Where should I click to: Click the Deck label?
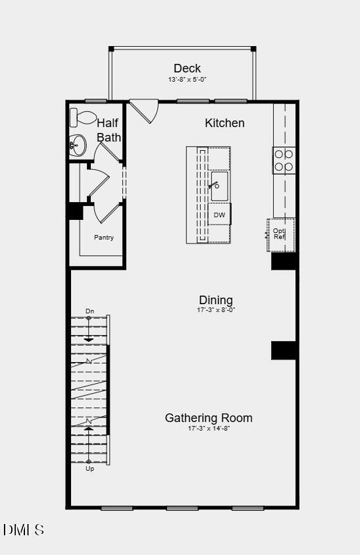pos(187,68)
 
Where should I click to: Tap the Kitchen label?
pos(224,123)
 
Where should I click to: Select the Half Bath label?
pos(109,130)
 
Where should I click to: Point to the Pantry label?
pos(104,237)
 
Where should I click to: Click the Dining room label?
pos(215,301)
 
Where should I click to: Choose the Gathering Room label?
pos(208,418)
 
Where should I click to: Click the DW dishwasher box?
pos(219,215)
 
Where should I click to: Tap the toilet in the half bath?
pos(84,118)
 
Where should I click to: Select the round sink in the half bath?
pos(78,145)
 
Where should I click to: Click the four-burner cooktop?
pos(284,160)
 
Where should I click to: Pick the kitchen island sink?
pos(219,186)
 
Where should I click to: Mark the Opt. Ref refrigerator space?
pos(280,234)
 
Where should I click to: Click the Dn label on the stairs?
pos(90,311)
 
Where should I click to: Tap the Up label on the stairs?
pos(90,469)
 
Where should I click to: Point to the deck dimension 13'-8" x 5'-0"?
pos(187,80)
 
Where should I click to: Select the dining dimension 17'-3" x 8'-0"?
pos(215,310)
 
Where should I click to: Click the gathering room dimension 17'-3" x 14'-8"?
pos(208,429)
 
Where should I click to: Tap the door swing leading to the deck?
pos(145,109)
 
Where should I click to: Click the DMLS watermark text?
pos(24,529)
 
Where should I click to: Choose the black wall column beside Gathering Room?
pos(284,350)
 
